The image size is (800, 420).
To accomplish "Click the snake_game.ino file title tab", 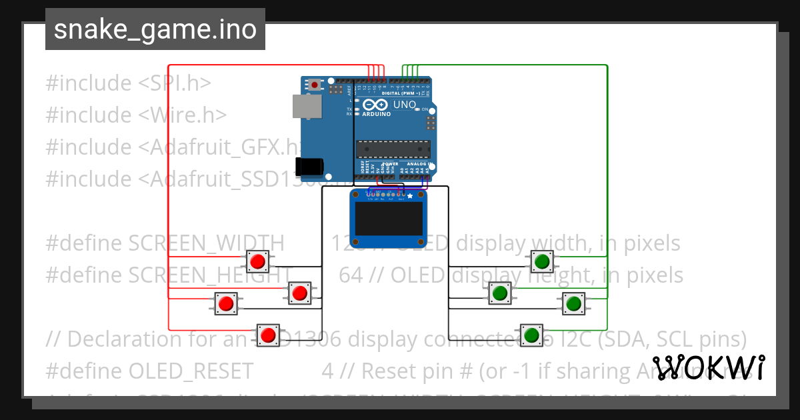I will coord(155,29).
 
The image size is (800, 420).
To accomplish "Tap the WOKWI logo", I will coord(708,367).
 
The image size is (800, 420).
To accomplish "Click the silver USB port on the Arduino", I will coord(307,107).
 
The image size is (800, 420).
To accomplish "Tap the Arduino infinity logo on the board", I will coord(375,105).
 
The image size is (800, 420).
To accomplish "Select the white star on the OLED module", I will coord(410,195).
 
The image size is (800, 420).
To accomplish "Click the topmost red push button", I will coord(257,261).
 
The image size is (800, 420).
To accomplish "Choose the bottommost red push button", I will coord(269,335).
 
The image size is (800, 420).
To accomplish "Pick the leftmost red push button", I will coord(226,303).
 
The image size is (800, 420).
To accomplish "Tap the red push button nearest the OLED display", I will coord(299,293).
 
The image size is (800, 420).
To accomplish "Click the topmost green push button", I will coord(542,261).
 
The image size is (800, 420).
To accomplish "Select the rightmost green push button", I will coord(573,303).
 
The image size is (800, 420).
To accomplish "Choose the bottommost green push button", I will coord(531,335).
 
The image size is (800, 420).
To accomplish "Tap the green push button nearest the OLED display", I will coord(499,292).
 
